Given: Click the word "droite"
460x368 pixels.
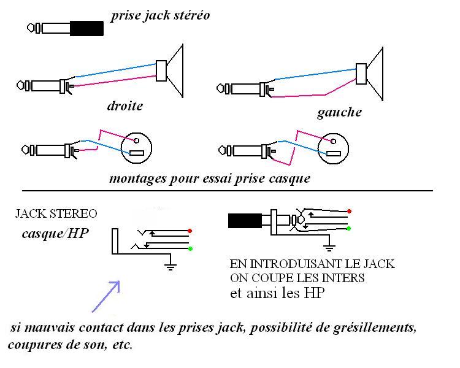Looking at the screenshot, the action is tap(125, 105).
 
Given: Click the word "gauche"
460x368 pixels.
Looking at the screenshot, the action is tap(339, 112).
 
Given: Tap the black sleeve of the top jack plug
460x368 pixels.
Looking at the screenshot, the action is tap(87, 28).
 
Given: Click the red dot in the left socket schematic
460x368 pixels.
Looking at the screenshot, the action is tap(190, 231).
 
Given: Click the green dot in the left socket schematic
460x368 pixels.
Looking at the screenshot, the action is tap(190, 249).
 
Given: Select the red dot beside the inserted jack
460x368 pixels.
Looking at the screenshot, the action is tap(349, 211).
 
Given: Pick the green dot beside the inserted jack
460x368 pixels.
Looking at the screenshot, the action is tap(348, 228).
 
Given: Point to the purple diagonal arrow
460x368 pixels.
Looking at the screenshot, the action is tap(106, 296).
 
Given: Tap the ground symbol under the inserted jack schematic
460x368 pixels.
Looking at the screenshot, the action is tap(329, 248).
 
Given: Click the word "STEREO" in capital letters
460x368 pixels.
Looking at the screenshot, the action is tap(74, 213).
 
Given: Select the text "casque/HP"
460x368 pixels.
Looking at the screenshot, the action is tap(55, 234).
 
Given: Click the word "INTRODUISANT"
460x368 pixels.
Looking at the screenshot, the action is tap(296, 264).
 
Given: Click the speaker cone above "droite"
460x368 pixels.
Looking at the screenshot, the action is tap(175, 71).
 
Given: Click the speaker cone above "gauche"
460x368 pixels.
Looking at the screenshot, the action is tap(375, 74).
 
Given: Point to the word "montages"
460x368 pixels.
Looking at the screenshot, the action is tap(137, 178).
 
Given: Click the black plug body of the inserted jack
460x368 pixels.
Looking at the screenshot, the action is tap(245, 221).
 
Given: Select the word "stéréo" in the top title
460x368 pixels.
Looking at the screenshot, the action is tap(191, 15).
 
